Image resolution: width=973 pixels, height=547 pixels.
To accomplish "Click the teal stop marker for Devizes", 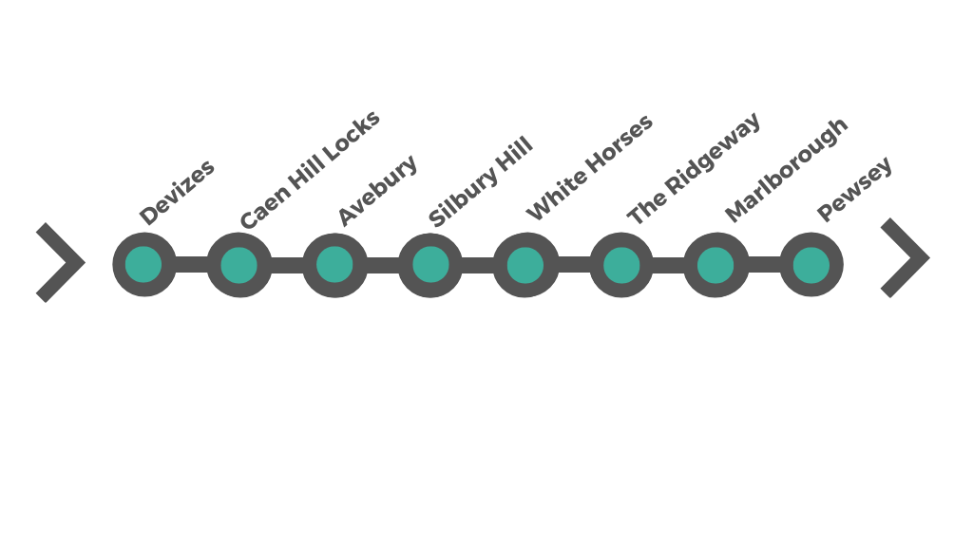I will (x=143, y=264).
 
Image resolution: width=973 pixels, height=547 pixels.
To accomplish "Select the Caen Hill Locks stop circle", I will (x=239, y=265).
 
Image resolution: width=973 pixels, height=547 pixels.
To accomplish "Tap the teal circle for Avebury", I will (x=334, y=265).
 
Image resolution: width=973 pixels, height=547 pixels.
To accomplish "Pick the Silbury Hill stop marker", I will (x=430, y=265).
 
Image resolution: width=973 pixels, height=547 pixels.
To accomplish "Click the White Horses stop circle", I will (x=525, y=265).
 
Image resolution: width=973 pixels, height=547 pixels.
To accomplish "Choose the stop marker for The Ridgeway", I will (x=621, y=265).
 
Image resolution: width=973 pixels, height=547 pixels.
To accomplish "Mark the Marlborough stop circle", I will (x=715, y=265).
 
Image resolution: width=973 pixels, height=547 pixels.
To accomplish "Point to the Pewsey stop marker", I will (x=811, y=265).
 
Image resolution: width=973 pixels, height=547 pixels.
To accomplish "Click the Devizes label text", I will (x=177, y=193).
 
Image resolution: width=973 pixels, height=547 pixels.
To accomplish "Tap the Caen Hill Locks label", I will (x=310, y=170).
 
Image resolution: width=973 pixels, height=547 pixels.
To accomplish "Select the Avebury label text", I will (x=377, y=191).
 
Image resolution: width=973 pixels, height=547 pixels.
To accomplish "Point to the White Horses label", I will (x=589, y=168).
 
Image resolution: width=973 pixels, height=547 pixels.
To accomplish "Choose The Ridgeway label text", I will (x=694, y=169).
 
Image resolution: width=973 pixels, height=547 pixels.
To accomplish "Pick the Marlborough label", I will (x=786, y=169).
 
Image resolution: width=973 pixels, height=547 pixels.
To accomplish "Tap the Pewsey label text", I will (x=855, y=189).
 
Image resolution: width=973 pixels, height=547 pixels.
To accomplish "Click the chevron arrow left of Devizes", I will (x=61, y=262).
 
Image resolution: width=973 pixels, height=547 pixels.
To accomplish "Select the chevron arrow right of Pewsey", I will (x=905, y=257).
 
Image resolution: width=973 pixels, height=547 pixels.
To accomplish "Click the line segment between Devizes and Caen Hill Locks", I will (x=191, y=265).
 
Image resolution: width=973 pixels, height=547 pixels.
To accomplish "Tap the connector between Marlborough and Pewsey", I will (x=764, y=265).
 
